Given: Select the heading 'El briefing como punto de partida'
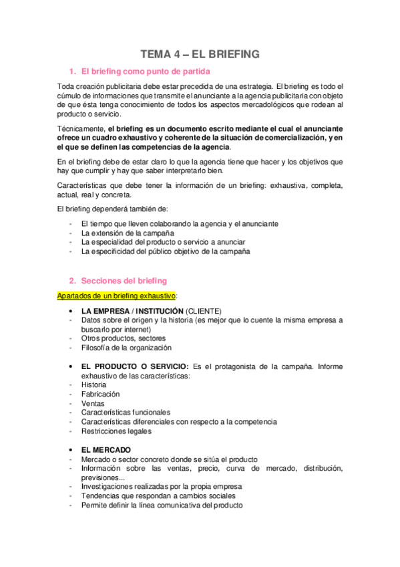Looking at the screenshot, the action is point(147,72).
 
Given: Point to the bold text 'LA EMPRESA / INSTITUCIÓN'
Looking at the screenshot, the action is point(132,311).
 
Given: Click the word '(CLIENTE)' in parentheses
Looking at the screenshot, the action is point(203,311).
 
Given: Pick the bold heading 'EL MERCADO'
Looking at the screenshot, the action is point(106,449).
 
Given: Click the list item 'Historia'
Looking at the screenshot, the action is point(93,385).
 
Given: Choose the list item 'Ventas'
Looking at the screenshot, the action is point(92,404).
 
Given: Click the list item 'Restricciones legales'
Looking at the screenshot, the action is point(116,431).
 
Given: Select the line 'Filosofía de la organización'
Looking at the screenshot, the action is point(126,348).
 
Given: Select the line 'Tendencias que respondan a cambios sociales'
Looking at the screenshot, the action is point(158,496).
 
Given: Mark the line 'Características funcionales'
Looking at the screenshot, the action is point(126,413).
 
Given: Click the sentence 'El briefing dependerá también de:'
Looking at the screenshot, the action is point(114,209).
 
